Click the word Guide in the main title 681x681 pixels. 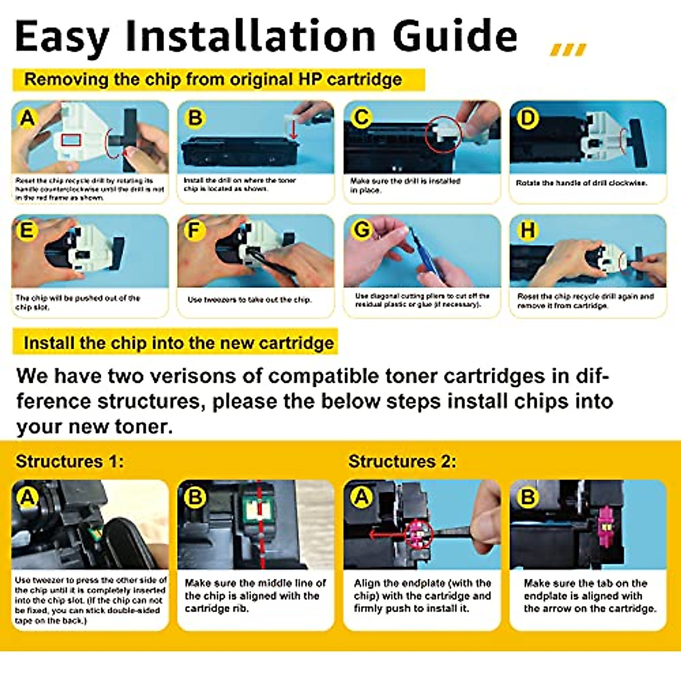tap(455, 36)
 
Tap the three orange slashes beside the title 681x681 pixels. tap(567, 50)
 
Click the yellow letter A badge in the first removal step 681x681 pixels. tap(27, 117)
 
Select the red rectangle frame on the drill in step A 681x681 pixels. tap(71, 140)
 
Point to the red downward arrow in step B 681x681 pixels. tap(294, 130)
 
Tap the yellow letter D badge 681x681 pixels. tap(527, 117)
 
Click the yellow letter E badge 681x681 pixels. tap(27, 230)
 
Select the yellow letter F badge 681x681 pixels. tap(194, 230)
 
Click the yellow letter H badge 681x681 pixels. tap(527, 230)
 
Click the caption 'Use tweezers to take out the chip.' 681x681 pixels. tap(249, 300)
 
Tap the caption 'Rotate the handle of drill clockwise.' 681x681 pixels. tap(581, 183)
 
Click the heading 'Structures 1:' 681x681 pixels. tap(69, 461)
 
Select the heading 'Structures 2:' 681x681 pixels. tap(402, 461)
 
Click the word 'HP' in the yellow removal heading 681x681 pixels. tap(310, 79)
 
